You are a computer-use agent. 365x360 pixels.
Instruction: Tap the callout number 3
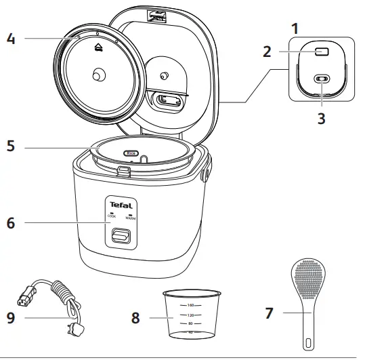coord(322,117)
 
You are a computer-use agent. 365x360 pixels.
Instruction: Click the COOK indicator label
coord(110,218)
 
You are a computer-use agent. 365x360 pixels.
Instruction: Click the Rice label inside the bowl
coord(131,154)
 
